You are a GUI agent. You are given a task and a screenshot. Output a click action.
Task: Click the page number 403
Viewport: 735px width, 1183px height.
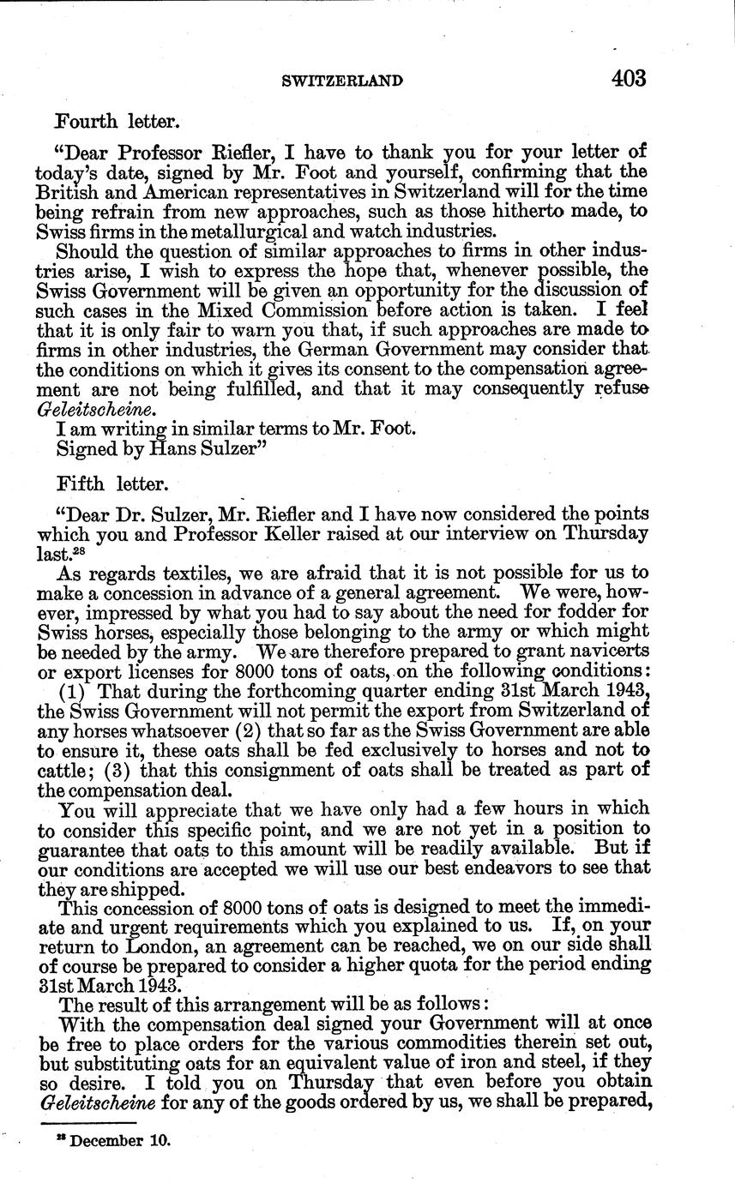628,78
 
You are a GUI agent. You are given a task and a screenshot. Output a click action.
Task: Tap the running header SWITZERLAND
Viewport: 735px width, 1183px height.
342,81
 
